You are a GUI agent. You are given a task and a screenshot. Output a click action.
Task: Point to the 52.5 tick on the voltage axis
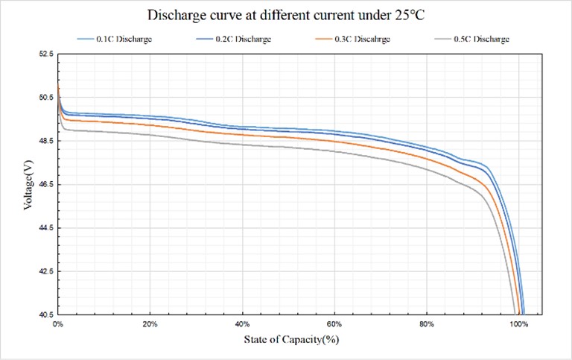46,54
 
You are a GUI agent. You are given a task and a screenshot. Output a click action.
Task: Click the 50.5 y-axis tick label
46,97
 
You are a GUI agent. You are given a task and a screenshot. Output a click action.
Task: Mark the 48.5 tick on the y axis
46,141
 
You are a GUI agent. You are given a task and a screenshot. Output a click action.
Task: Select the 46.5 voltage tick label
46,184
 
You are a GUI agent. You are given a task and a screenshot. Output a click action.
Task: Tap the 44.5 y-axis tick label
46,227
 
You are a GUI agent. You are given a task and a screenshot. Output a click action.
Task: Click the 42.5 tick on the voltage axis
46,271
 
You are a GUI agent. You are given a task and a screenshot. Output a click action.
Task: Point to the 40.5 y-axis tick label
46,315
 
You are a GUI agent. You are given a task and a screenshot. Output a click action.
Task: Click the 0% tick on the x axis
58,325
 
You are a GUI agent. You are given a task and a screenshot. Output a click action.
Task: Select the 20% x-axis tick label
150,325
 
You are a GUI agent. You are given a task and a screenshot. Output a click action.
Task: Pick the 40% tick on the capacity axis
243,325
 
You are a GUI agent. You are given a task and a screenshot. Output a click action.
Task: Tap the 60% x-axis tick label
334,325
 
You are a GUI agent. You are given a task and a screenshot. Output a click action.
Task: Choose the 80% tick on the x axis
427,325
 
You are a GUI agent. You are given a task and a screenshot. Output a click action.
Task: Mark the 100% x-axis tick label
519,325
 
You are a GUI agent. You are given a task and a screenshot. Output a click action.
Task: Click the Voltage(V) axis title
28,184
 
